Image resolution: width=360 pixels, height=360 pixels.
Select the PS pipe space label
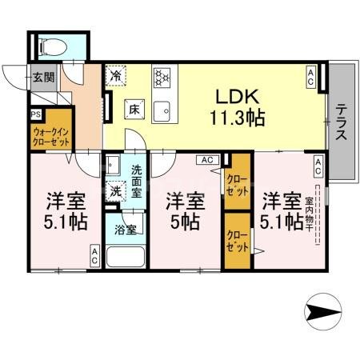(36, 114)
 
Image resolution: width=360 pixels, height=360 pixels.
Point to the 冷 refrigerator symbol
(118, 77)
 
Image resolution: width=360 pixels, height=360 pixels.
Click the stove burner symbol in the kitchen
(163, 78)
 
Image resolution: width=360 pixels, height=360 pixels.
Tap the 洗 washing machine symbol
(117, 191)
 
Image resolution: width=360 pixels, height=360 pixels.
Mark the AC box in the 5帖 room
(206, 160)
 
